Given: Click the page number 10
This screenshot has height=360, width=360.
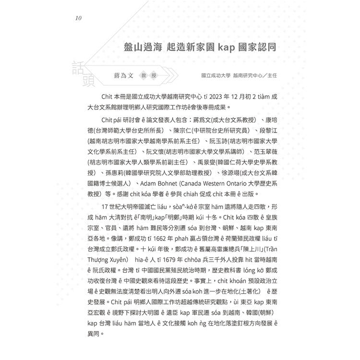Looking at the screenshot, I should point(79,19).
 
